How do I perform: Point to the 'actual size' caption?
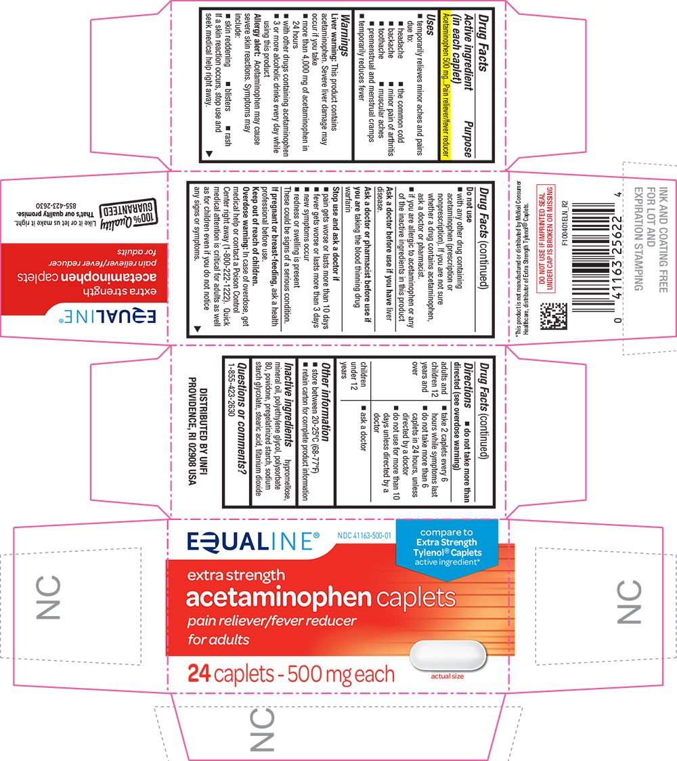(x=447, y=676)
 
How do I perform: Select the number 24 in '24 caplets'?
(x=200, y=674)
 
